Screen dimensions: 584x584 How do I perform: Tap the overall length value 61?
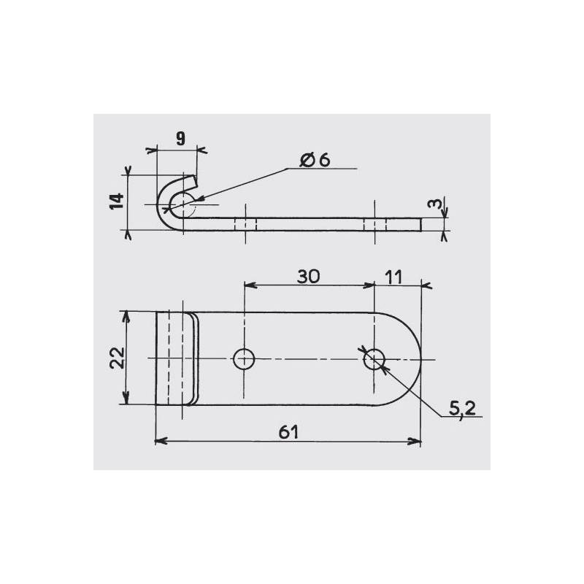[x=290, y=432]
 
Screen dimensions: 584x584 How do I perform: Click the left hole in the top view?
[x=243, y=358]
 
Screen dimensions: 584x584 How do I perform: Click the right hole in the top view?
[x=374, y=358]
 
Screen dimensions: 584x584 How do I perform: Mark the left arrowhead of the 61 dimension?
[x=161, y=442]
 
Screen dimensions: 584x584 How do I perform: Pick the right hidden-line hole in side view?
[x=374, y=223]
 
